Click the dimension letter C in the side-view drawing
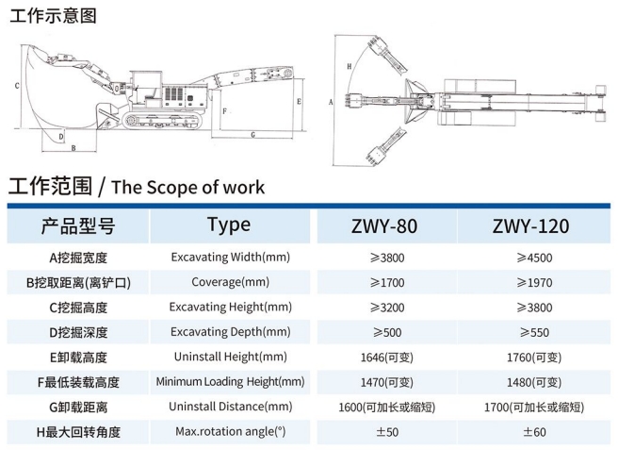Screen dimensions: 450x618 tap(18, 85)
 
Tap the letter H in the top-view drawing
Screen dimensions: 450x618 tap(349, 66)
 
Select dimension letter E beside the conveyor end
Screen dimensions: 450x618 tap(298, 98)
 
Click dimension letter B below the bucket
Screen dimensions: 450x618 tap(73, 148)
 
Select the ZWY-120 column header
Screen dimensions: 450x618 tap(529, 226)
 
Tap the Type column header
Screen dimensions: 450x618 tap(228, 225)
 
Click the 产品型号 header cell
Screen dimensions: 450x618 tap(77, 226)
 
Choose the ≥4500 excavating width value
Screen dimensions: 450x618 tap(533, 258)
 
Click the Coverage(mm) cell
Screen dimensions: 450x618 tap(230, 282)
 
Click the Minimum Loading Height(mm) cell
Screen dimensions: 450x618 tap(230, 382)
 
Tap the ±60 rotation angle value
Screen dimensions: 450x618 tap(533, 432)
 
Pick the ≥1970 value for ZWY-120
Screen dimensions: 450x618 tap(533, 282)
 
